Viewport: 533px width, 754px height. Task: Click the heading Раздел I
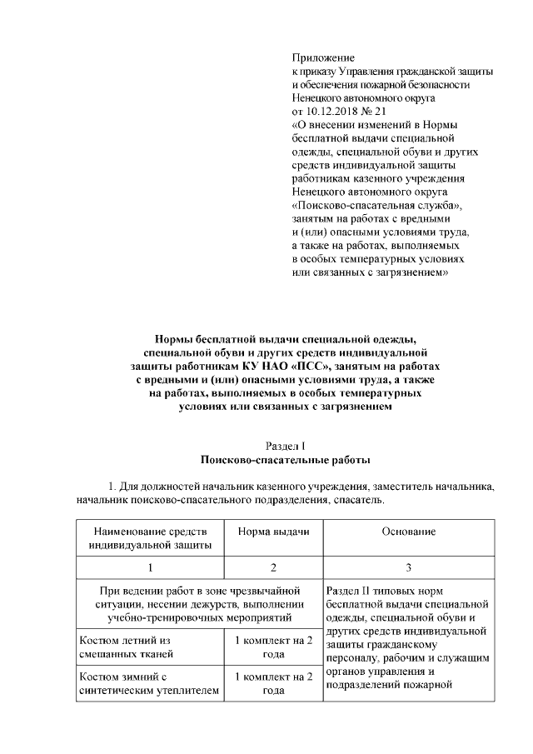285,445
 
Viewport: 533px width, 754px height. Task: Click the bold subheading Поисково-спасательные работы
285,459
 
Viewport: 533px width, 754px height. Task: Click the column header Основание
408,532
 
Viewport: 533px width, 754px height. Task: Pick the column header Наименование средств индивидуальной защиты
149,538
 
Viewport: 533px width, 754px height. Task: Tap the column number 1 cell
149,567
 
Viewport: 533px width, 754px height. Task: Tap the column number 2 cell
273,567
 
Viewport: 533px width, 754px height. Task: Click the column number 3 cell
408,567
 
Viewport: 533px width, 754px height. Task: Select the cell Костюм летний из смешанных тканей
149,647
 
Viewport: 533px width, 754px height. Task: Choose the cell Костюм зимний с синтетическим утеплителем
149,683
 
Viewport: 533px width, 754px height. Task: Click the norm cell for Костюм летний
273,647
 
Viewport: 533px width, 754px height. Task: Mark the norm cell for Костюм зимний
273,683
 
